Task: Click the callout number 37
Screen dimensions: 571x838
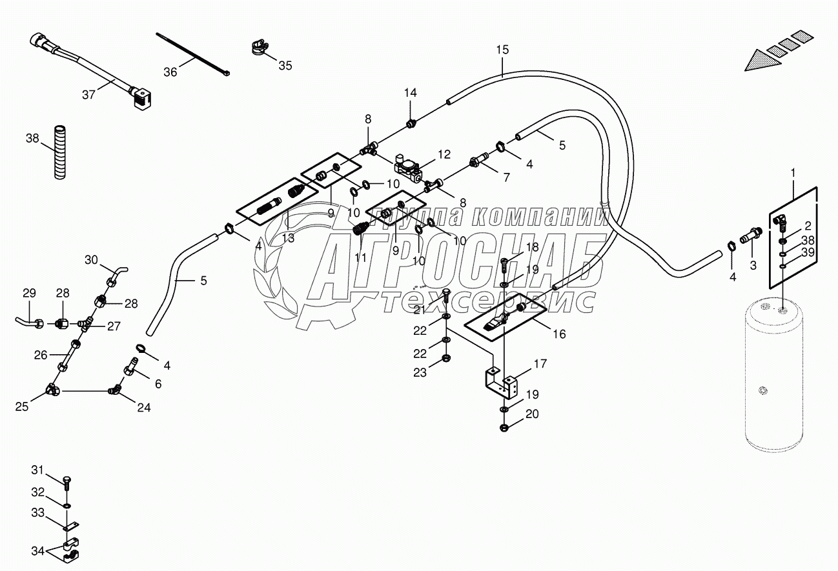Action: [x=88, y=94]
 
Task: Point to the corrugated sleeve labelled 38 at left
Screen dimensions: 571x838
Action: [x=59, y=152]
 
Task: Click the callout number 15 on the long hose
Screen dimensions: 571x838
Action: [x=502, y=50]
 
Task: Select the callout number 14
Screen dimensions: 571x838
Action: [x=411, y=93]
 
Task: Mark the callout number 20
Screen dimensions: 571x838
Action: [x=531, y=415]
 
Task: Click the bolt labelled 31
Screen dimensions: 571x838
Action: [x=68, y=482]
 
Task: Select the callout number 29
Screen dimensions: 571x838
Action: [x=30, y=294]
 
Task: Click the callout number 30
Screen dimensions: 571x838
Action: [x=92, y=260]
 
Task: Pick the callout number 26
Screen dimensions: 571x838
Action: [x=41, y=354]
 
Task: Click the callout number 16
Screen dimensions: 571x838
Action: [x=558, y=334]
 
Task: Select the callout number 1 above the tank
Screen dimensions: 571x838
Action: [x=793, y=173]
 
